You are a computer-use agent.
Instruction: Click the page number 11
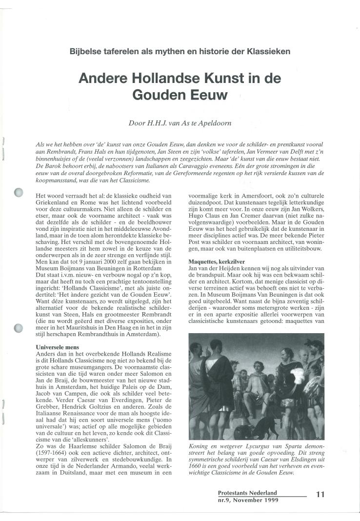(320, 494)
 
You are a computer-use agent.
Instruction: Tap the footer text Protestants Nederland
(247, 493)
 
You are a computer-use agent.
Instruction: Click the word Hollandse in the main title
(157, 78)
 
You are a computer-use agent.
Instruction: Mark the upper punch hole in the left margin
(19, 193)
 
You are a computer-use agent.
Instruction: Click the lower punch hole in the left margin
(19, 328)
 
